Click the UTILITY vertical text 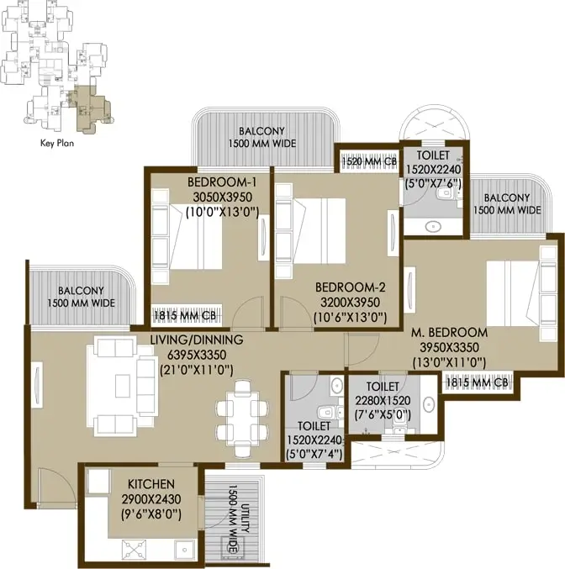coord(245,522)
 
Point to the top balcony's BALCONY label coord(261,131)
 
